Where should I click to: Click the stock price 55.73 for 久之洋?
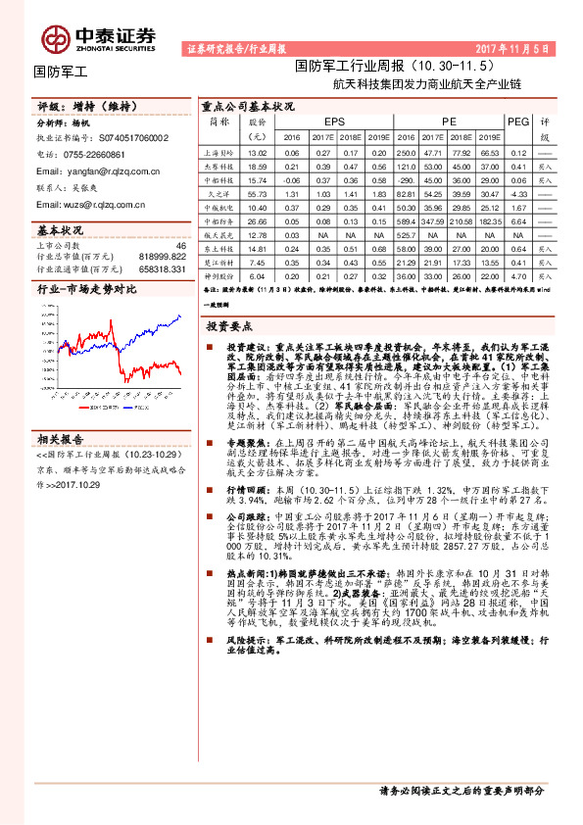(x=258, y=194)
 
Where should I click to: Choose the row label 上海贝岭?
(x=219, y=153)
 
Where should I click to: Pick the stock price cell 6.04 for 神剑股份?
(x=258, y=276)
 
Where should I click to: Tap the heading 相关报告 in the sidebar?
(x=61, y=412)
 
